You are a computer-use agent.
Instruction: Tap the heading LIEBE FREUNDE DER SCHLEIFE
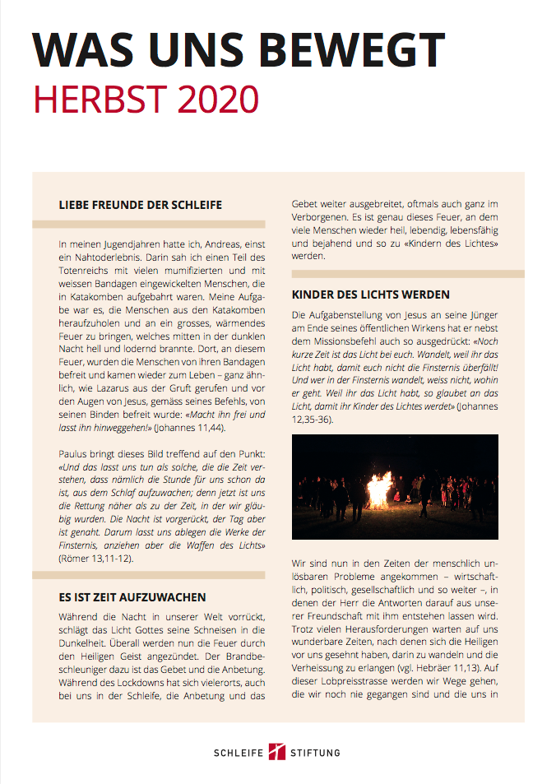[x=141, y=204]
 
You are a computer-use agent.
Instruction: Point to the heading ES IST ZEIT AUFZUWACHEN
[x=132, y=596]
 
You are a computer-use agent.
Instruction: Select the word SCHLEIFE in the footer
[x=239, y=753]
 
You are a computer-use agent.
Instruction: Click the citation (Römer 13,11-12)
[x=95, y=559]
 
